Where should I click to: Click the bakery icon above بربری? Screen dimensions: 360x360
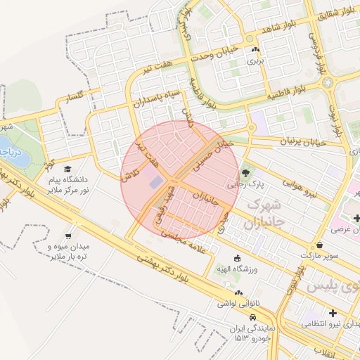click(255, 50)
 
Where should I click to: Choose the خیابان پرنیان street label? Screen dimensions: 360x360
click(304, 141)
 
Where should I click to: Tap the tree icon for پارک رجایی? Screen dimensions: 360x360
click(245, 172)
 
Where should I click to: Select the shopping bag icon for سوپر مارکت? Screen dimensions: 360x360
click(320, 245)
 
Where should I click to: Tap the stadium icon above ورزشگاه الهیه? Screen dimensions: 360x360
click(237, 257)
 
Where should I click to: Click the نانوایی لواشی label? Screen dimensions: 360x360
click(234, 304)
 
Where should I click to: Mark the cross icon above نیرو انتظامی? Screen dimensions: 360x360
click(333, 312)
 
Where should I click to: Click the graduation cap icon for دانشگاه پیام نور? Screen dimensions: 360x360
click(67, 169)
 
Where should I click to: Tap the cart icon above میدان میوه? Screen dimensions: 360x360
click(68, 236)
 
